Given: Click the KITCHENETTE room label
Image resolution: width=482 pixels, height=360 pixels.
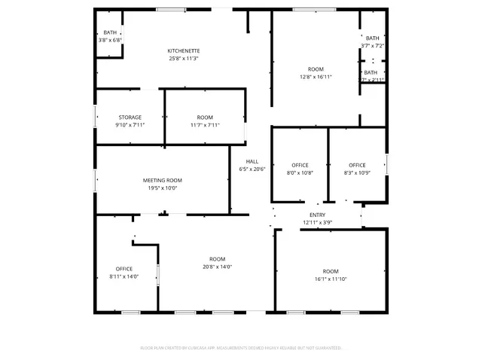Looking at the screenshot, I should click(184, 50).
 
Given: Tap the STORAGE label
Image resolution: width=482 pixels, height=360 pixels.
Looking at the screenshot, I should click(130, 117).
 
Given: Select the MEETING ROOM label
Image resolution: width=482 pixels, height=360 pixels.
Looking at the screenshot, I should click(163, 181).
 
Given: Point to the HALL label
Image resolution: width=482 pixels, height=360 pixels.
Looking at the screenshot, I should click(252, 162).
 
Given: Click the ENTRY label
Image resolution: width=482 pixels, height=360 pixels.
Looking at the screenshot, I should click(317, 215).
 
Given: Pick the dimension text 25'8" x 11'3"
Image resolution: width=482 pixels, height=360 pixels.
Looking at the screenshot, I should click(184, 59).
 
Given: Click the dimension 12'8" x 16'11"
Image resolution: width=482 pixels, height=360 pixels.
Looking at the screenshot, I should click(316, 77).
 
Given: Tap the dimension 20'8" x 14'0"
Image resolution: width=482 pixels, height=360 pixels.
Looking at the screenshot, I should click(217, 267).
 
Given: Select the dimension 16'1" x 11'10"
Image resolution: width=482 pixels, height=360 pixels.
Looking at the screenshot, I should click(331, 279).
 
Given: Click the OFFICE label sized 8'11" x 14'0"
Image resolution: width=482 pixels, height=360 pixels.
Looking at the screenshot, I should click(124, 269).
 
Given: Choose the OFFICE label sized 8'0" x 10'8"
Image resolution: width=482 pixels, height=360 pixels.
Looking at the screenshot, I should click(300, 165).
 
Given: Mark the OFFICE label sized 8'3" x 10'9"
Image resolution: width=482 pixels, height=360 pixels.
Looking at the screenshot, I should click(357, 165).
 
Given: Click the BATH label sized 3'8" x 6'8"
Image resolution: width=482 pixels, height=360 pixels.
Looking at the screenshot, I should click(110, 32).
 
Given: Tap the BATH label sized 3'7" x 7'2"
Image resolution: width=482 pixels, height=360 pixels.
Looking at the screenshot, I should click(372, 38).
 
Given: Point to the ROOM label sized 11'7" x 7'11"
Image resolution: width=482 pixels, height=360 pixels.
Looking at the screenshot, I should click(205, 117).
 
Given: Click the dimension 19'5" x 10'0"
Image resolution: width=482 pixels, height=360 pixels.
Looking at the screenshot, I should click(163, 188).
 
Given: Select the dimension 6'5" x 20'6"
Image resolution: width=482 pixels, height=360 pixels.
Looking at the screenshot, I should click(252, 169).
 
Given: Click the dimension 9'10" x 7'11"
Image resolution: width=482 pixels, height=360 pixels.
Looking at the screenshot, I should click(130, 125).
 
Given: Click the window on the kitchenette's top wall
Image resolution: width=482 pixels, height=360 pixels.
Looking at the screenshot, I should click(172, 9).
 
